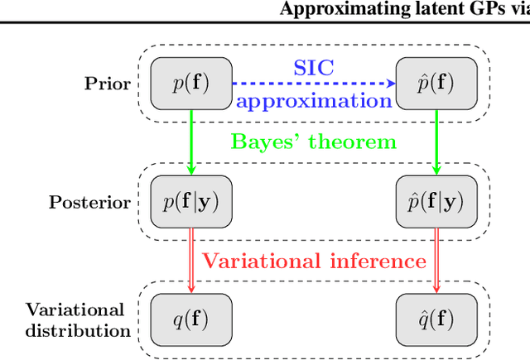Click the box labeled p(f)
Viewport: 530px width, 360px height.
(x=191, y=84)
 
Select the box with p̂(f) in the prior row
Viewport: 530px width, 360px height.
(x=437, y=84)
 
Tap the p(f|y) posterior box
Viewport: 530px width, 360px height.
(x=191, y=202)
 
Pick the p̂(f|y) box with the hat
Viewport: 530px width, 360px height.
(x=437, y=202)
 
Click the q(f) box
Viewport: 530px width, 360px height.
(x=191, y=319)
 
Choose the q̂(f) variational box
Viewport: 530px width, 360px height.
(x=437, y=319)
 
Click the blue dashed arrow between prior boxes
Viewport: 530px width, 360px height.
(x=315, y=84)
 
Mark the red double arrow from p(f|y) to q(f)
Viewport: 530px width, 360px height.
(x=191, y=261)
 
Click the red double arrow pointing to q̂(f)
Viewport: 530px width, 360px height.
(x=437, y=261)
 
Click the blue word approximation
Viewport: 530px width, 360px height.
(x=314, y=101)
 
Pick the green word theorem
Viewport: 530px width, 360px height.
(x=353, y=142)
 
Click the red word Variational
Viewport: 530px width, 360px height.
(x=258, y=262)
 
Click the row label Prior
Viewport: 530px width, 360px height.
(x=107, y=84)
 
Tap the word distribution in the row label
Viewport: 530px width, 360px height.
(x=78, y=330)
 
